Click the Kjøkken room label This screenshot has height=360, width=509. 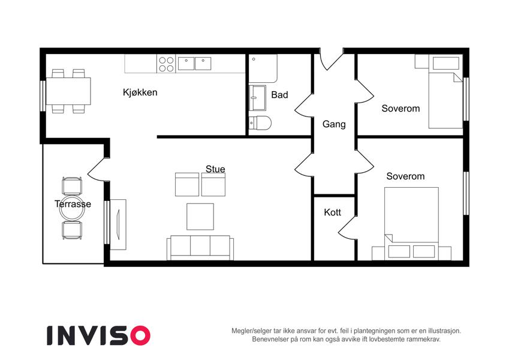coord(140,92)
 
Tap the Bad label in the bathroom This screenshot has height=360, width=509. coord(279,95)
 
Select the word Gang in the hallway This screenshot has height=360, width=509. coord(334,124)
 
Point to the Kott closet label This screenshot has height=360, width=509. coord(332,212)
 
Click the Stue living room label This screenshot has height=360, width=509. coord(215,169)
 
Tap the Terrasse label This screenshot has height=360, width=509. coord(73,204)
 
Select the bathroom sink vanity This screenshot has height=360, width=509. coord(257,98)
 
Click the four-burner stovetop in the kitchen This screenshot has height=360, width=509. coord(166,64)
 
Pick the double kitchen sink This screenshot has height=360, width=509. coord(194,64)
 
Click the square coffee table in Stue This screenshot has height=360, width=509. coord(200,217)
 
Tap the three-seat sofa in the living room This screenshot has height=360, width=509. coord(200,248)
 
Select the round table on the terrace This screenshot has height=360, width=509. coord(72,209)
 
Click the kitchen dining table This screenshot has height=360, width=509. coord(68,91)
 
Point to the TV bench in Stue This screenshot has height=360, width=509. coord(118,224)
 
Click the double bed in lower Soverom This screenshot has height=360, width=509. coord(412,224)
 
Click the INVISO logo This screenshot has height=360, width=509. coord(99,335)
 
